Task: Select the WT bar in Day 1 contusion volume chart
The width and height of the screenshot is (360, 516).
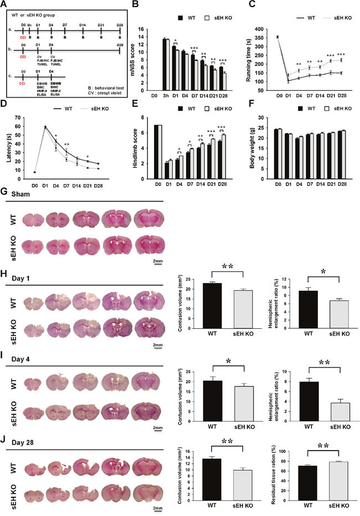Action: pyautogui.click(x=212, y=307)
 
